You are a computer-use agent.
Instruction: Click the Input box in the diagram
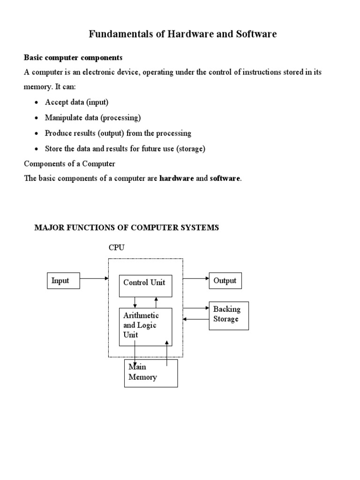click(63, 280)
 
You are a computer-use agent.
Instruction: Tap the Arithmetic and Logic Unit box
click(145, 326)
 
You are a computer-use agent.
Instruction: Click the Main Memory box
click(150, 373)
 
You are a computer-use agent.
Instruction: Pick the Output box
click(225, 281)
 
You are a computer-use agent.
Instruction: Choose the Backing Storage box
click(228, 315)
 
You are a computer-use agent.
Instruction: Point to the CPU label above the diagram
click(116, 247)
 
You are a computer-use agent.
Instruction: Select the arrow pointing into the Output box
click(196, 278)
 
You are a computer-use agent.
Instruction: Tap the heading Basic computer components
click(73, 58)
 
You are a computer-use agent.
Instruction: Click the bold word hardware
click(177, 179)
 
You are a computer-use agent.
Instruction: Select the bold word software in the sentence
click(225, 179)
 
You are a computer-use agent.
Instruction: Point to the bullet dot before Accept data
click(37, 103)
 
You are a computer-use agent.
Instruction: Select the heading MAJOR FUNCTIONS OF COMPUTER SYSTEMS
click(127, 228)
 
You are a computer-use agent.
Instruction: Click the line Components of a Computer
click(69, 164)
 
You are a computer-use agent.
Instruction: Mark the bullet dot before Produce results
click(37, 134)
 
